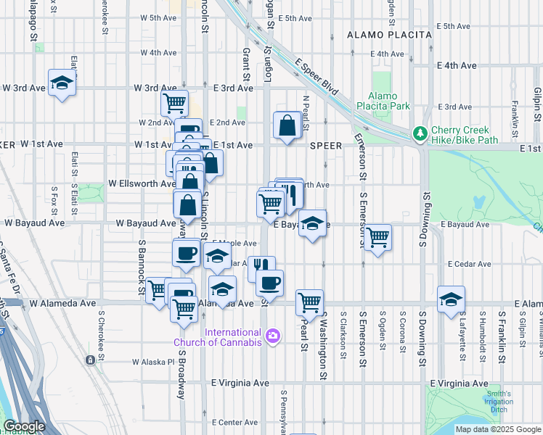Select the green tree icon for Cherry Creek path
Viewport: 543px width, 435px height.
420,133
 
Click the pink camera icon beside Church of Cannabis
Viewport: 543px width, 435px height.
272,335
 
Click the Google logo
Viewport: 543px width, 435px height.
24,426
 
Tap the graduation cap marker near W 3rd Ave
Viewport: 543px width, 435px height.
62,84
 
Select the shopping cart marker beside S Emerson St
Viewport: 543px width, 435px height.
377,237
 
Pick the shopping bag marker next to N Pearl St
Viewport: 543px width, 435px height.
288,125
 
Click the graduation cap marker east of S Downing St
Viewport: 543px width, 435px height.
451,299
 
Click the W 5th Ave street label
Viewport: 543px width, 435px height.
159,17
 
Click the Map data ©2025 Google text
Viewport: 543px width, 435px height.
497,429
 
